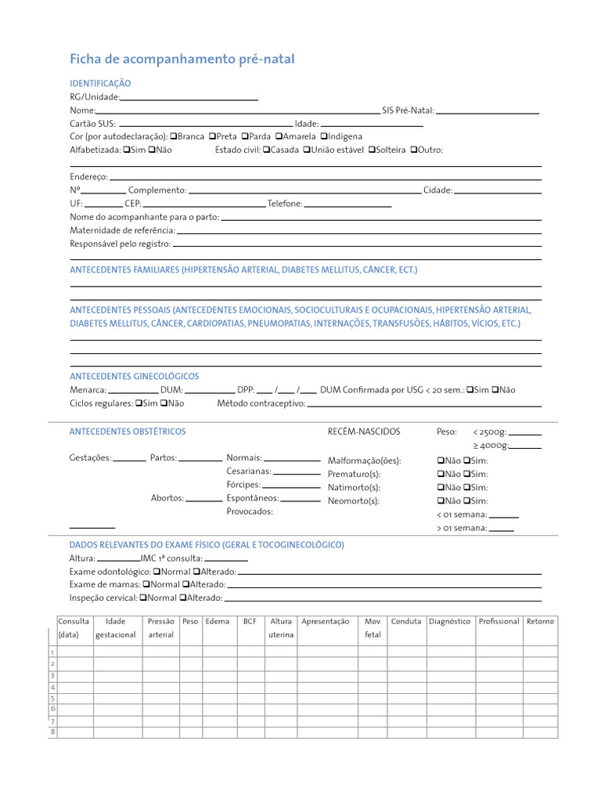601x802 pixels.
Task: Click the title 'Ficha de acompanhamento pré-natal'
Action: click(182, 60)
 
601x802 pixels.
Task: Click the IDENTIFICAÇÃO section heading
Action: click(100, 83)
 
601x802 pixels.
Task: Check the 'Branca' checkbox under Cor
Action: click(173, 136)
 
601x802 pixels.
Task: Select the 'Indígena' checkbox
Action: click(324, 136)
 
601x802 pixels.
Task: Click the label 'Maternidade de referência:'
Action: click(122, 230)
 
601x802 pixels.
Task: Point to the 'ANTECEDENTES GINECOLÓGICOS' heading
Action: click(134, 377)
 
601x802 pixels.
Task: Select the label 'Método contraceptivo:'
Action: click(261, 404)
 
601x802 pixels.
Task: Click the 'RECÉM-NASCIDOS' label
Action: click(363, 432)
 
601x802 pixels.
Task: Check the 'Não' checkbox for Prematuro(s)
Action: click(440, 474)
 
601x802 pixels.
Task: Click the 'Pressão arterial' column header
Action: click(160, 627)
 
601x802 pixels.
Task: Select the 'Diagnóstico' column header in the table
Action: click(449, 621)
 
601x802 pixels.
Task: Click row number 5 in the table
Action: click(52, 698)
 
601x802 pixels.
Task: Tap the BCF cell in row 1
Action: click(250, 652)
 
